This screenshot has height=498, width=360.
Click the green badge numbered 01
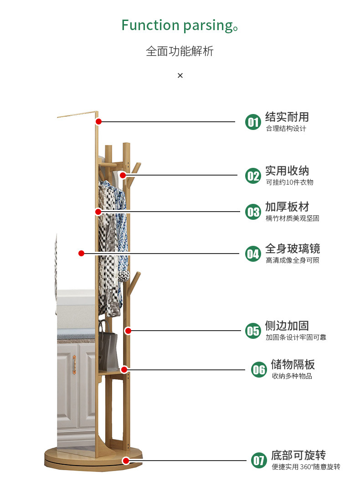(253, 122)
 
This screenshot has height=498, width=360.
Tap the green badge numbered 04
(253, 254)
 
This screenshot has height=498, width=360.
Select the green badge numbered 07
(259, 460)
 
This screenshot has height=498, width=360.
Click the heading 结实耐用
(287, 117)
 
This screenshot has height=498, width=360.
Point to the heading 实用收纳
(287, 171)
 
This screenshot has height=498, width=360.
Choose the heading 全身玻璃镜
(293, 249)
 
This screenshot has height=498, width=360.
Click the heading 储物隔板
(293, 364)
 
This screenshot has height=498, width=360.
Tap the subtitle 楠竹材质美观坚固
(292, 218)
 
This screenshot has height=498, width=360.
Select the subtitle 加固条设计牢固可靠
(296, 337)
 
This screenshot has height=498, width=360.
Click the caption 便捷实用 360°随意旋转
(306, 467)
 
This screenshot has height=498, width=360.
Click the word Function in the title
(150, 25)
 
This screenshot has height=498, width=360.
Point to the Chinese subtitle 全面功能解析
(180, 51)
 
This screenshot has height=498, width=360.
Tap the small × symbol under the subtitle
(180, 75)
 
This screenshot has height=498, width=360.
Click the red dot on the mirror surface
(81, 253)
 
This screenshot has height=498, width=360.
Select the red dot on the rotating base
(126, 461)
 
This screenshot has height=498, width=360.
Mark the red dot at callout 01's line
(98, 121)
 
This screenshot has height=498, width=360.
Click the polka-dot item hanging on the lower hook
(124, 275)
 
